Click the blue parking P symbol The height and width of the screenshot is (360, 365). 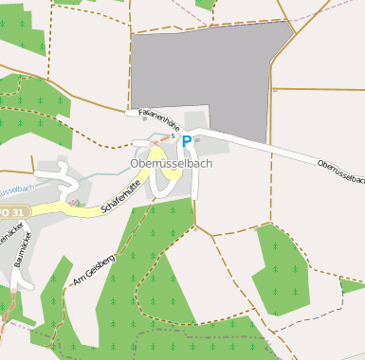pyautogui.click(x=187, y=141)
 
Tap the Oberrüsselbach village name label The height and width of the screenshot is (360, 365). pyautogui.click(x=171, y=163)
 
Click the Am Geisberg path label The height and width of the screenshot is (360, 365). pyautogui.click(x=92, y=259)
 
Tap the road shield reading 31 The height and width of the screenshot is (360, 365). pyautogui.click(x=10, y=211)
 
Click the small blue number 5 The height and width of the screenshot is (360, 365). pyautogui.click(x=173, y=136)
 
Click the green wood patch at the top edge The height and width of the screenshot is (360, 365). pyautogui.click(x=204, y=5)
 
